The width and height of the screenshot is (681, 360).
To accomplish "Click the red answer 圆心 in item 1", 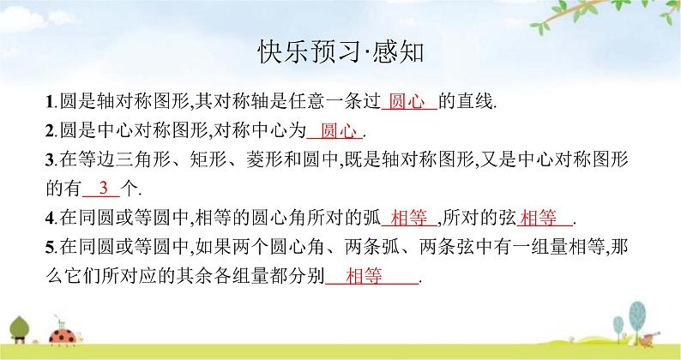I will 407,102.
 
